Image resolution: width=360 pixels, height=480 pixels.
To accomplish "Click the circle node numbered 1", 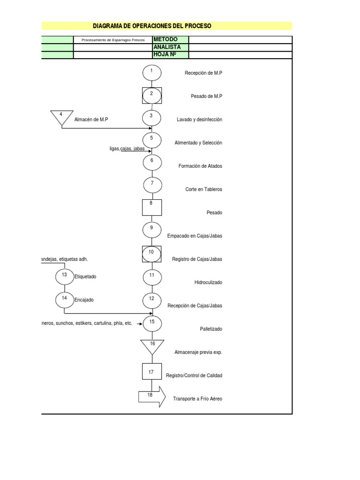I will pyautogui.click(x=152, y=73).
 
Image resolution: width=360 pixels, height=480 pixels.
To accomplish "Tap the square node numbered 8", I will pyautogui.click(x=152, y=207).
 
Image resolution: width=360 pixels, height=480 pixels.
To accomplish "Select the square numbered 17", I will pyautogui.click(x=152, y=371).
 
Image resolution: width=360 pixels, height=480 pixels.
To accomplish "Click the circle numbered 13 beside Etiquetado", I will pyautogui.click(x=65, y=277).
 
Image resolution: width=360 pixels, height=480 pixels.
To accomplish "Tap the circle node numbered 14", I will pyautogui.click(x=65, y=300).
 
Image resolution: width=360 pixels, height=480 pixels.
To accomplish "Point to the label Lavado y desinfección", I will pyautogui.click(x=199, y=120).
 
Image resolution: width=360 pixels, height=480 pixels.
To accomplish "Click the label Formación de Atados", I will pyautogui.click(x=200, y=166).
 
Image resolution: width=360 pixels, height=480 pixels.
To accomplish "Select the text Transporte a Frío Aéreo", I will pyautogui.click(x=197, y=399).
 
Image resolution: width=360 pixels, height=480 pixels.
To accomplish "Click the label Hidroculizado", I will pyautogui.click(x=208, y=283).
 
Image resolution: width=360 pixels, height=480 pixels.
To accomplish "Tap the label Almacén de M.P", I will pyautogui.click(x=91, y=120).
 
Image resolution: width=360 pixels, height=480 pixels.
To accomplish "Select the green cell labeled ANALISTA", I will pyautogui.click(x=170, y=47).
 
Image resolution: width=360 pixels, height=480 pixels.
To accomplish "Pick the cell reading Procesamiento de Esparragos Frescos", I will pyautogui.click(x=112, y=40).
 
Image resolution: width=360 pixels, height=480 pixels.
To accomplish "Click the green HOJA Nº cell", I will pyautogui.click(x=170, y=55).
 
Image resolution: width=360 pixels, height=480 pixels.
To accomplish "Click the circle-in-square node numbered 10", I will pyautogui.click(x=152, y=254).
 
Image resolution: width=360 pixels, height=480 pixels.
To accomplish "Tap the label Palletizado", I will pyautogui.click(x=211, y=329).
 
